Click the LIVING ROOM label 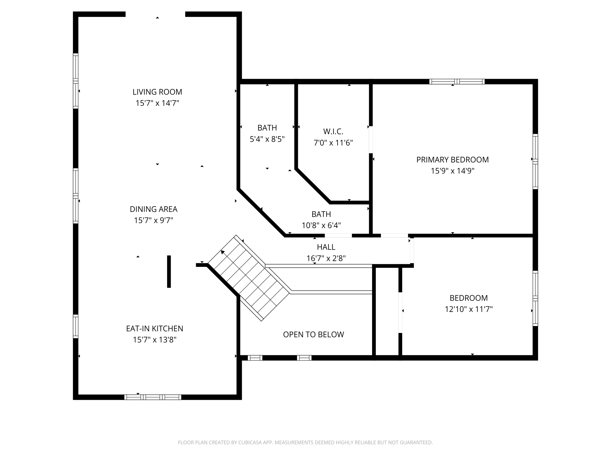click(x=157, y=92)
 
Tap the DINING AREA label click(x=154, y=209)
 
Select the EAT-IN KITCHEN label click(x=155, y=329)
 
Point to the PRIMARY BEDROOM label click(x=452, y=160)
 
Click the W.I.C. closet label click(x=333, y=131)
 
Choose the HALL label click(x=326, y=247)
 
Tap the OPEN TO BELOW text click(x=313, y=334)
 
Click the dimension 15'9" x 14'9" click(x=452, y=171)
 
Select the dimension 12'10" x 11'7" click(x=469, y=309)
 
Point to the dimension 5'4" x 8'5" click(x=267, y=139)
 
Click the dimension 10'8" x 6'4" click(x=321, y=225)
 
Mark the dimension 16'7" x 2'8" click(x=326, y=258)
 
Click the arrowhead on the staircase click(x=223, y=252)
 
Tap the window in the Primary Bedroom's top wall click(x=457, y=82)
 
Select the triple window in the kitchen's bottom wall click(x=153, y=397)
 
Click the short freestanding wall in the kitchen click(x=169, y=272)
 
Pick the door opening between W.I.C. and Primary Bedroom click(x=371, y=140)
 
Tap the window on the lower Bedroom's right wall click(x=535, y=298)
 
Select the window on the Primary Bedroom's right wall click(x=535, y=161)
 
